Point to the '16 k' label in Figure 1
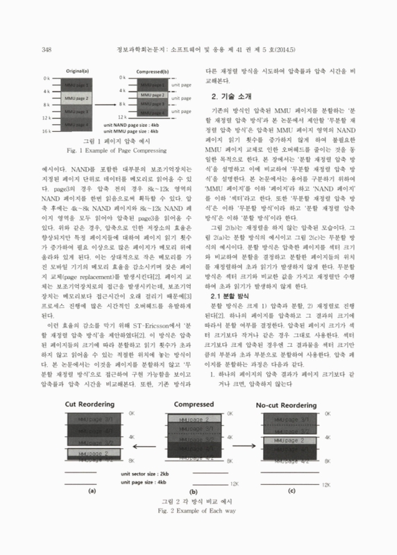point(47,130)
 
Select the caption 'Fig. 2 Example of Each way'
point(198,530)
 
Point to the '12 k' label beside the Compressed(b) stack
point(121,117)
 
